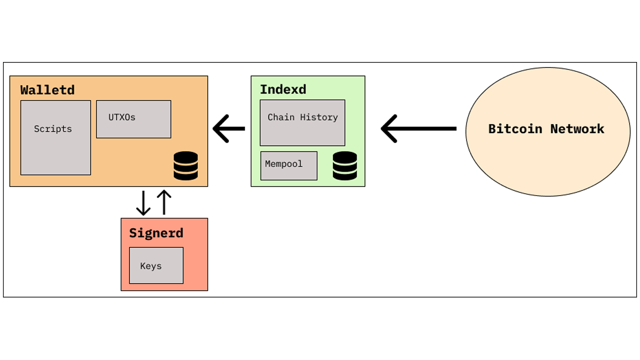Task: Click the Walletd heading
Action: pyautogui.click(x=47, y=90)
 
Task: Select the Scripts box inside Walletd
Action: pyautogui.click(x=55, y=137)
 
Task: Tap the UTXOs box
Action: pyautogui.click(x=133, y=119)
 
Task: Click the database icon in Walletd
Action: pyautogui.click(x=185, y=165)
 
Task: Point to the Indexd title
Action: pyautogui.click(x=283, y=89)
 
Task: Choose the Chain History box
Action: pyautogui.click(x=302, y=123)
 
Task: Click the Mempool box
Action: pyautogui.click(x=288, y=165)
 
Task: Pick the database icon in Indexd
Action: pyautogui.click(x=345, y=165)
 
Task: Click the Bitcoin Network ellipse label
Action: pyautogui.click(x=546, y=129)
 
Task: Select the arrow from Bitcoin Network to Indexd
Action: pyautogui.click(x=419, y=128)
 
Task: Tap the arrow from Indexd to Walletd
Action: pyautogui.click(x=229, y=128)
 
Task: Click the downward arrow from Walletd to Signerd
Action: pyautogui.click(x=143, y=202)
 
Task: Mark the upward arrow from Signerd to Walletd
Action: pyautogui.click(x=164, y=202)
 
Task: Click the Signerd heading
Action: pyautogui.click(x=156, y=233)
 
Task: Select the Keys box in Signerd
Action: pyautogui.click(x=156, y=265)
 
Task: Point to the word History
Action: pyautogui.click(x=319, y=117)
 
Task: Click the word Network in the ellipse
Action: pyautogui.click(x=577, y=129)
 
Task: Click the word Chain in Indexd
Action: pyautogui.click(x=281, y=117)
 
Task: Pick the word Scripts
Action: pyautogui.click(x=53, y=129)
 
